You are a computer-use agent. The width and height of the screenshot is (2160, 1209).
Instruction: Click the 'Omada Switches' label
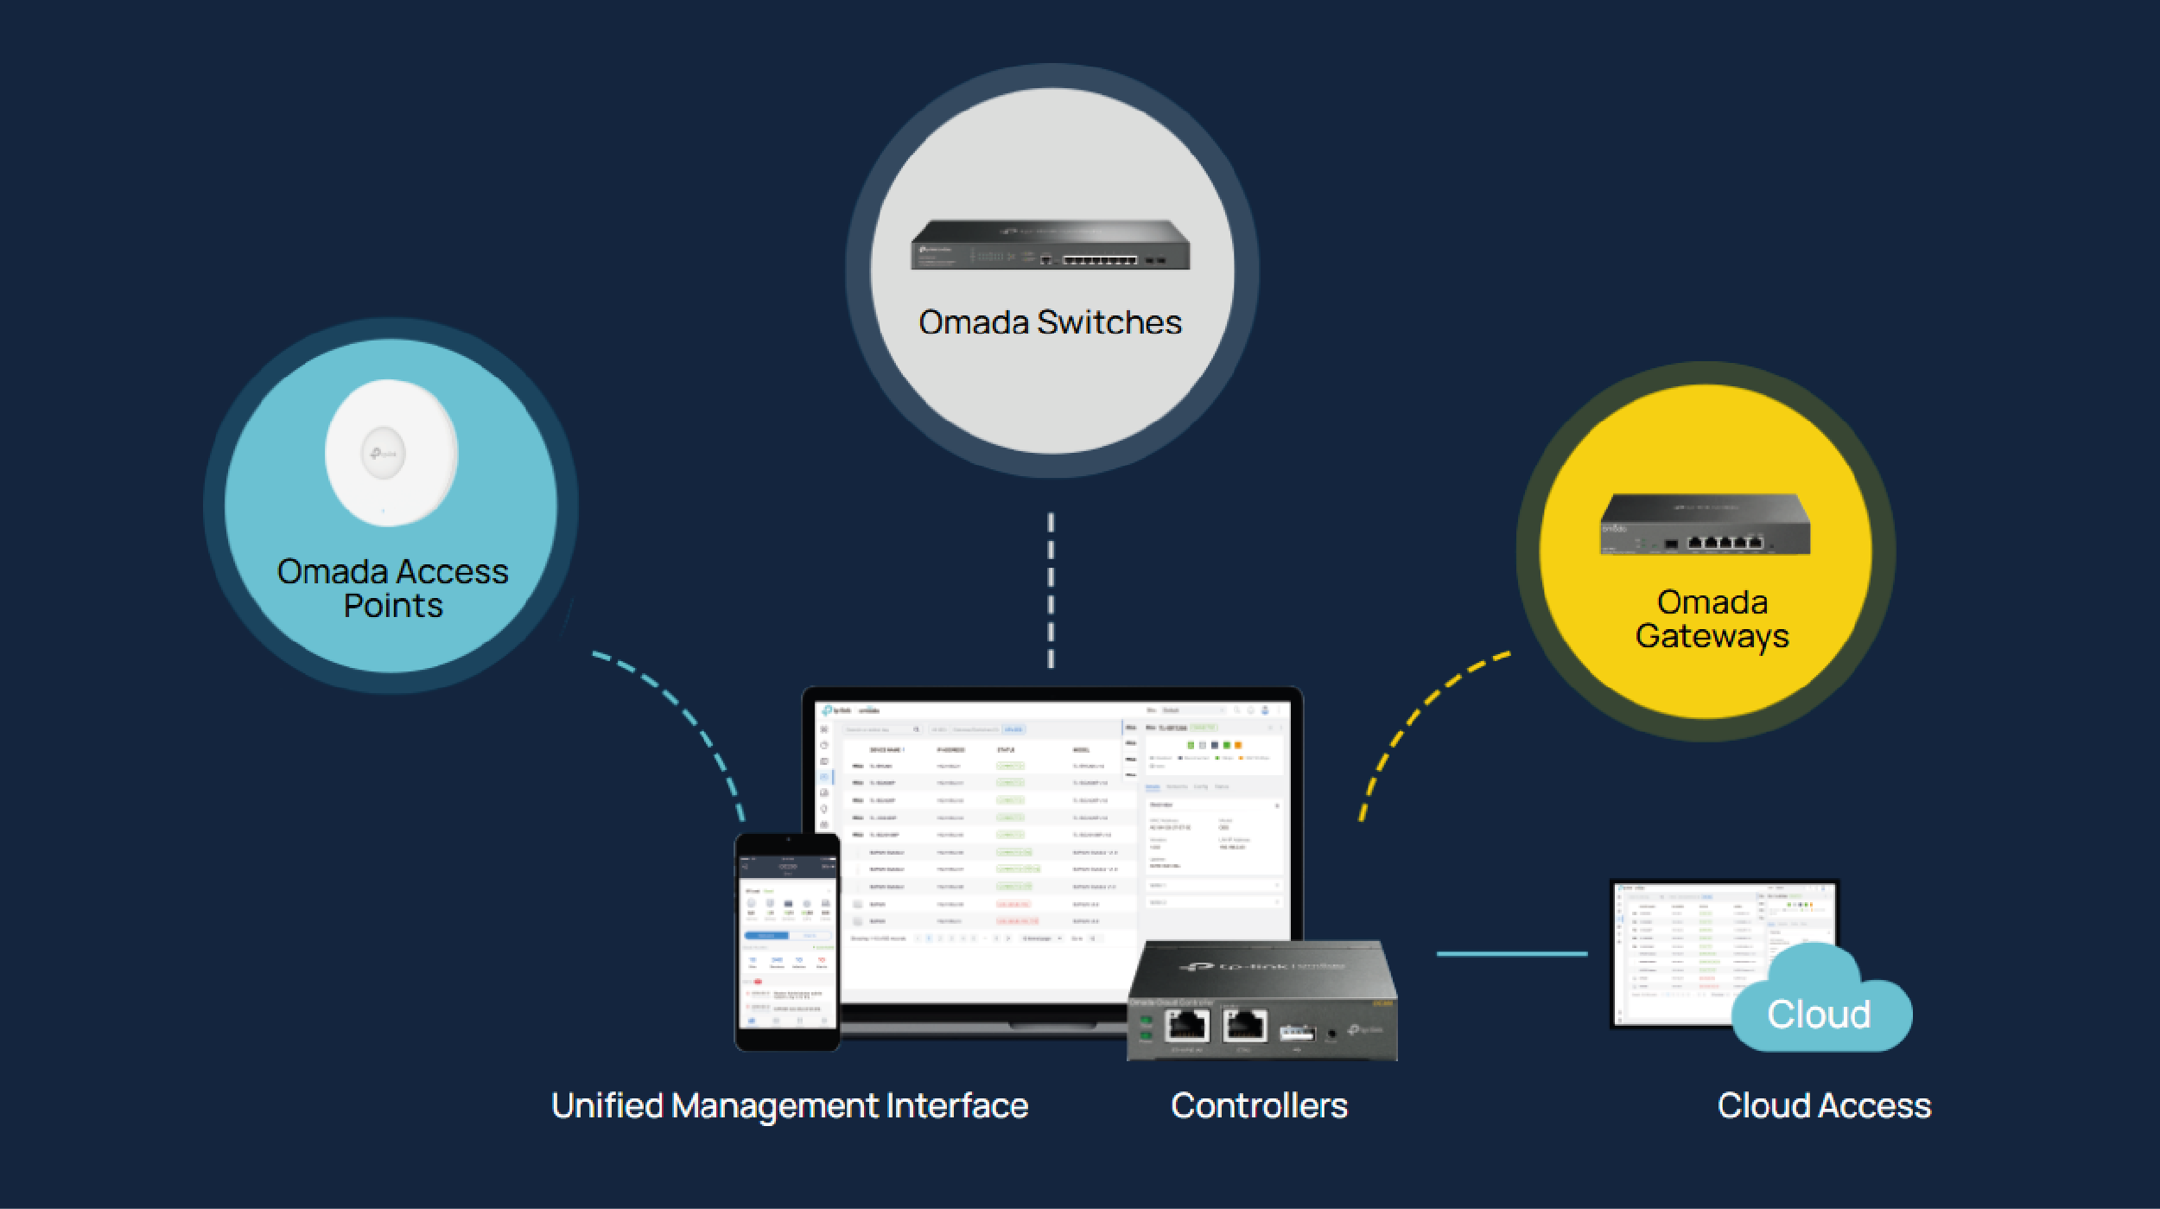tap(1050, 322)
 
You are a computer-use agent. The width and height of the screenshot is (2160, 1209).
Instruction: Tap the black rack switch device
tap(1050, 245)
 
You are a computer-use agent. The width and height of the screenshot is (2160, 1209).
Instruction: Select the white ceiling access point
tap(391, 452)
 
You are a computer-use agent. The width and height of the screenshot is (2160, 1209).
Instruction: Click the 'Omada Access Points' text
tap(392, 589)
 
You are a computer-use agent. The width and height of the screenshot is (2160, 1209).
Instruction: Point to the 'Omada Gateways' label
tap(1712, 619)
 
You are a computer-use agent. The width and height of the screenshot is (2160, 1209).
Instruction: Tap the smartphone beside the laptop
tap(787, 942)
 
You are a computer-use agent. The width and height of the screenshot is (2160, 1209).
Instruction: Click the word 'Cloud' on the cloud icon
tap(1819, 1015)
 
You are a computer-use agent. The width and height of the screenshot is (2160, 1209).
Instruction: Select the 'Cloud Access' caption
tap(1824, 1106)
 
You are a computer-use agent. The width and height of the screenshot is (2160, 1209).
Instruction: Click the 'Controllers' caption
tap(1259, 1106)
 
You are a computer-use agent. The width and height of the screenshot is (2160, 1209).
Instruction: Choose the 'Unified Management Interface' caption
tap(790, 1106)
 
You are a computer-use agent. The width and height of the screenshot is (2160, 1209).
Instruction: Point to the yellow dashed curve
tap(1417, 717)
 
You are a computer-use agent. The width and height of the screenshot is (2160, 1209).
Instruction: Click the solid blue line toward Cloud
tap(1512, 954)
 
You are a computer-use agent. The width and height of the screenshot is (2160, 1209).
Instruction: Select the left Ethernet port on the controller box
tap(1187, 1026)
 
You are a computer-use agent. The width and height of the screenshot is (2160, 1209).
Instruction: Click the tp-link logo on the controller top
tap(1261, 966)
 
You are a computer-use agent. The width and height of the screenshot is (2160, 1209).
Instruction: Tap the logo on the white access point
tap(384, 453)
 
